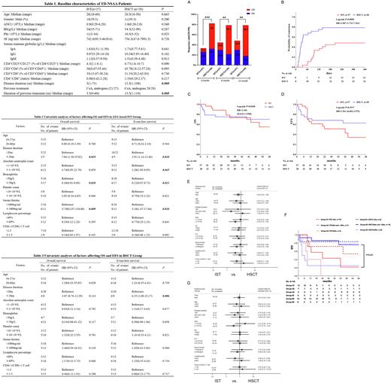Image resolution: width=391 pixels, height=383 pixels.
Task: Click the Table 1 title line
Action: coord(99,4)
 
